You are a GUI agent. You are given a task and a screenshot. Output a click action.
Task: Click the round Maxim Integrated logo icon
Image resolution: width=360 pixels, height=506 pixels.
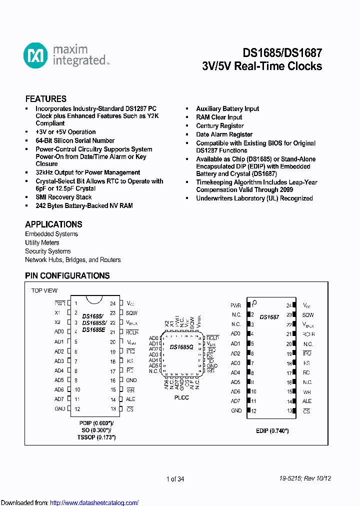tap(35, 55)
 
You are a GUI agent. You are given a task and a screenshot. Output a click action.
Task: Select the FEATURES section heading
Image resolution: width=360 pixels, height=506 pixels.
tap(46, 99)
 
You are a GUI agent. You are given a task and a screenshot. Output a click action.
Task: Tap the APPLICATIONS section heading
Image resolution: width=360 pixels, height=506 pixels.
tap(53, 224)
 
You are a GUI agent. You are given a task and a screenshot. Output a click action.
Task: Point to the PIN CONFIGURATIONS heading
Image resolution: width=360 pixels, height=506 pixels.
tap(67, 275)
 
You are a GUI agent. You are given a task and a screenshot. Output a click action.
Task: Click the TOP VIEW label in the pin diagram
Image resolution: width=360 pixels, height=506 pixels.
tap(44, 290)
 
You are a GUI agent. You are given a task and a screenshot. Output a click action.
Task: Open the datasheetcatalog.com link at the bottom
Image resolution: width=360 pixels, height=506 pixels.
tap(94, 502)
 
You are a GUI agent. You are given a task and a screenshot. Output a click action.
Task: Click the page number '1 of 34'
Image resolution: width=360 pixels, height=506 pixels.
tap(175, 479)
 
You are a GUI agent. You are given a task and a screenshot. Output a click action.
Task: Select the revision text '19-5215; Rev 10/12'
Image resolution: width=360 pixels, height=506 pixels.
tap(305, 478)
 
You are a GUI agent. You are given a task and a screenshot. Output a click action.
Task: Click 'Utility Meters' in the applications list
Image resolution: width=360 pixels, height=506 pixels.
tap(42, 242)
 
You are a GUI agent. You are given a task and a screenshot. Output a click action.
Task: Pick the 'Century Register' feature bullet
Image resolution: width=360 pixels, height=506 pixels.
tap(220, 126)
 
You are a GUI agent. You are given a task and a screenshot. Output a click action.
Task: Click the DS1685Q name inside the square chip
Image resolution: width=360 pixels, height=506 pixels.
tap(180, 347)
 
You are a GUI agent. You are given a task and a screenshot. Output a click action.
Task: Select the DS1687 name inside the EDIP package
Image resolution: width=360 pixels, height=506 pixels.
tap(269, 317)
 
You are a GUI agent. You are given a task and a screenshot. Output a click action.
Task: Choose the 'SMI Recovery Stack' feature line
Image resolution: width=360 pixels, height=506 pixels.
tap(63, 197)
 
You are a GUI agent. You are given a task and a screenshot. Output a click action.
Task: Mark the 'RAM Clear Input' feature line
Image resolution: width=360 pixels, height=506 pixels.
tap(219, 117)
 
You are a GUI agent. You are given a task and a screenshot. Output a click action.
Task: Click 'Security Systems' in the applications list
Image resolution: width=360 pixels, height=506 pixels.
tap(48, 251)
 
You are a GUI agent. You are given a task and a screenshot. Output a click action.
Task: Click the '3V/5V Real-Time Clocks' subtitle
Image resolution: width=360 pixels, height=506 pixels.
tap(262, 66)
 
